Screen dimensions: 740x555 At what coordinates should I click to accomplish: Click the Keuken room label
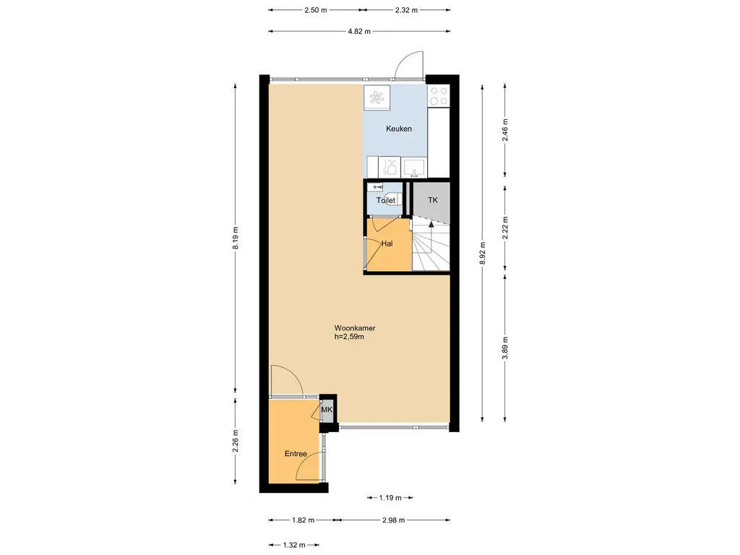click(x=399, y=129)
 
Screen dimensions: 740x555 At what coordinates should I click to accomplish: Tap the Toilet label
click(x=386, y=201)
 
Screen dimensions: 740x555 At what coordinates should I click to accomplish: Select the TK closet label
click(x=433, y=200)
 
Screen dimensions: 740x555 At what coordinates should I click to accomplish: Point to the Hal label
click(x=387, y=244)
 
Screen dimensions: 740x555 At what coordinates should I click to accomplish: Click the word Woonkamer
click(x=355, y=328)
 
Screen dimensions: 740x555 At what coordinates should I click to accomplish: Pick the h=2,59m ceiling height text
click(x=349, y=337)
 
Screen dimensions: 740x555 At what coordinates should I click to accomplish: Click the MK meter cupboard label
click(x=327, y=410)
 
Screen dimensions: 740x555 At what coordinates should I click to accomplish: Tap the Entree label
click(x=296, y=454)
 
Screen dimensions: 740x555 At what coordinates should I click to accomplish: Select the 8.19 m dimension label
click(x=236, y=238)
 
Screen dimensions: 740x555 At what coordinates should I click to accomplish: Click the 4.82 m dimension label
click(x=359, y=32)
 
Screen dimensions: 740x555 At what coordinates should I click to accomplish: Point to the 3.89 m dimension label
click(x=505, y=348)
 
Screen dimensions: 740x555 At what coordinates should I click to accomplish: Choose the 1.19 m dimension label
click(x=390, y=498)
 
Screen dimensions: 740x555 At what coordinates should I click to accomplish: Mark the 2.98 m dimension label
click(x=394, y=520)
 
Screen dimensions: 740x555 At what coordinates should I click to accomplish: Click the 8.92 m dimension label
click(x=482, y=254)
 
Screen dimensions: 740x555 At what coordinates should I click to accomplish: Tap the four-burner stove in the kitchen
click(x=439, y=96)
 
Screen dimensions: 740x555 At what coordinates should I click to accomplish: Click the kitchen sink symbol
click(x=414, y=167)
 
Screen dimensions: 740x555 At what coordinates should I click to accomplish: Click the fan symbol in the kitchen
click(x=377, y=98)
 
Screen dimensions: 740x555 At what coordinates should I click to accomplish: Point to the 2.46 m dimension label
click(x=505, y=130)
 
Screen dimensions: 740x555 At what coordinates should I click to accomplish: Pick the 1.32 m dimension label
click(x=294, y=546)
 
